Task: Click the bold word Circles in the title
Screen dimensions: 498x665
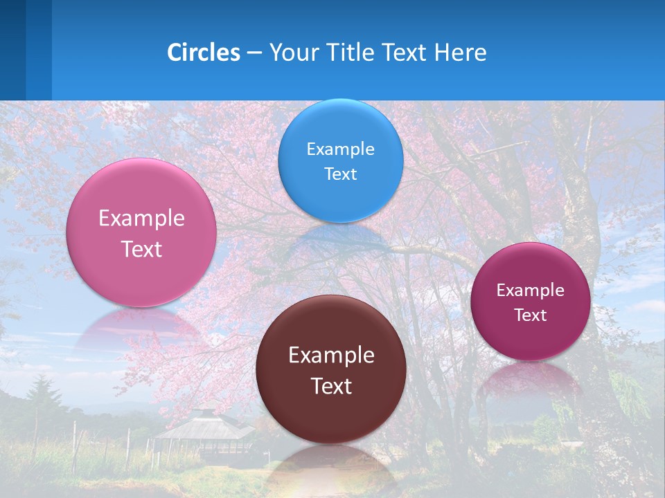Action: point(204,53)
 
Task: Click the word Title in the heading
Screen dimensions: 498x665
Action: point(353,53)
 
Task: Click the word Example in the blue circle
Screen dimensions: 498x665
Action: point(340,149)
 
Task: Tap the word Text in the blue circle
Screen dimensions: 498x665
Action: point(340,174)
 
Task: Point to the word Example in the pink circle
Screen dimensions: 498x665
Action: point(141,219)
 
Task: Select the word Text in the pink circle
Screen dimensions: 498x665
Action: point(141,250)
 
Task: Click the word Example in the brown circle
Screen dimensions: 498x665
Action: point(331,356)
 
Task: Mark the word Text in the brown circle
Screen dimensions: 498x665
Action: point(331,387)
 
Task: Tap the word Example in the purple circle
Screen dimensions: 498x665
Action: point(531,290)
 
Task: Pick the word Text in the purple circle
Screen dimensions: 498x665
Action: point(531,315)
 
